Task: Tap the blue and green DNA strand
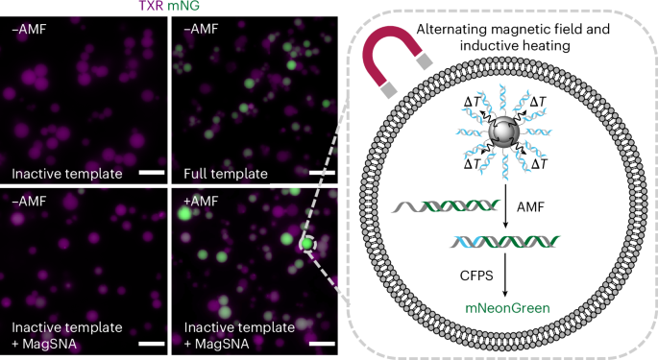tap(500, 242)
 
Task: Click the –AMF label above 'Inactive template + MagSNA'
tap(28, 204)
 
